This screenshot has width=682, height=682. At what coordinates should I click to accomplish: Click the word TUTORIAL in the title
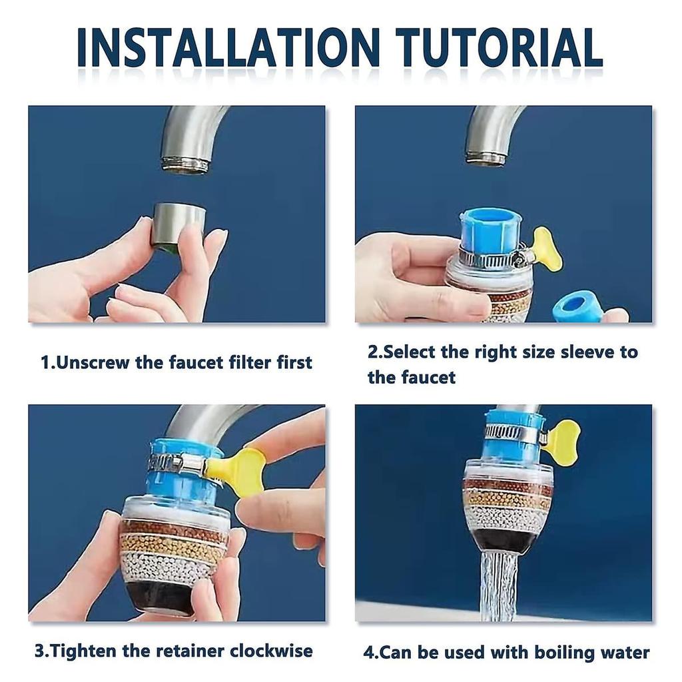coord(500,47)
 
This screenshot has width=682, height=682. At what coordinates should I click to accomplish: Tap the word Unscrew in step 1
coord(93,362)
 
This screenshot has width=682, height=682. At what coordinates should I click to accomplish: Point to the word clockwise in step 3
coord(271,651)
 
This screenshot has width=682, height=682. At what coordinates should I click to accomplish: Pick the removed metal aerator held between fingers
coord(180,226)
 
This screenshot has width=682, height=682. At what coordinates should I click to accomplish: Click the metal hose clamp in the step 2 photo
coord(492,258)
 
